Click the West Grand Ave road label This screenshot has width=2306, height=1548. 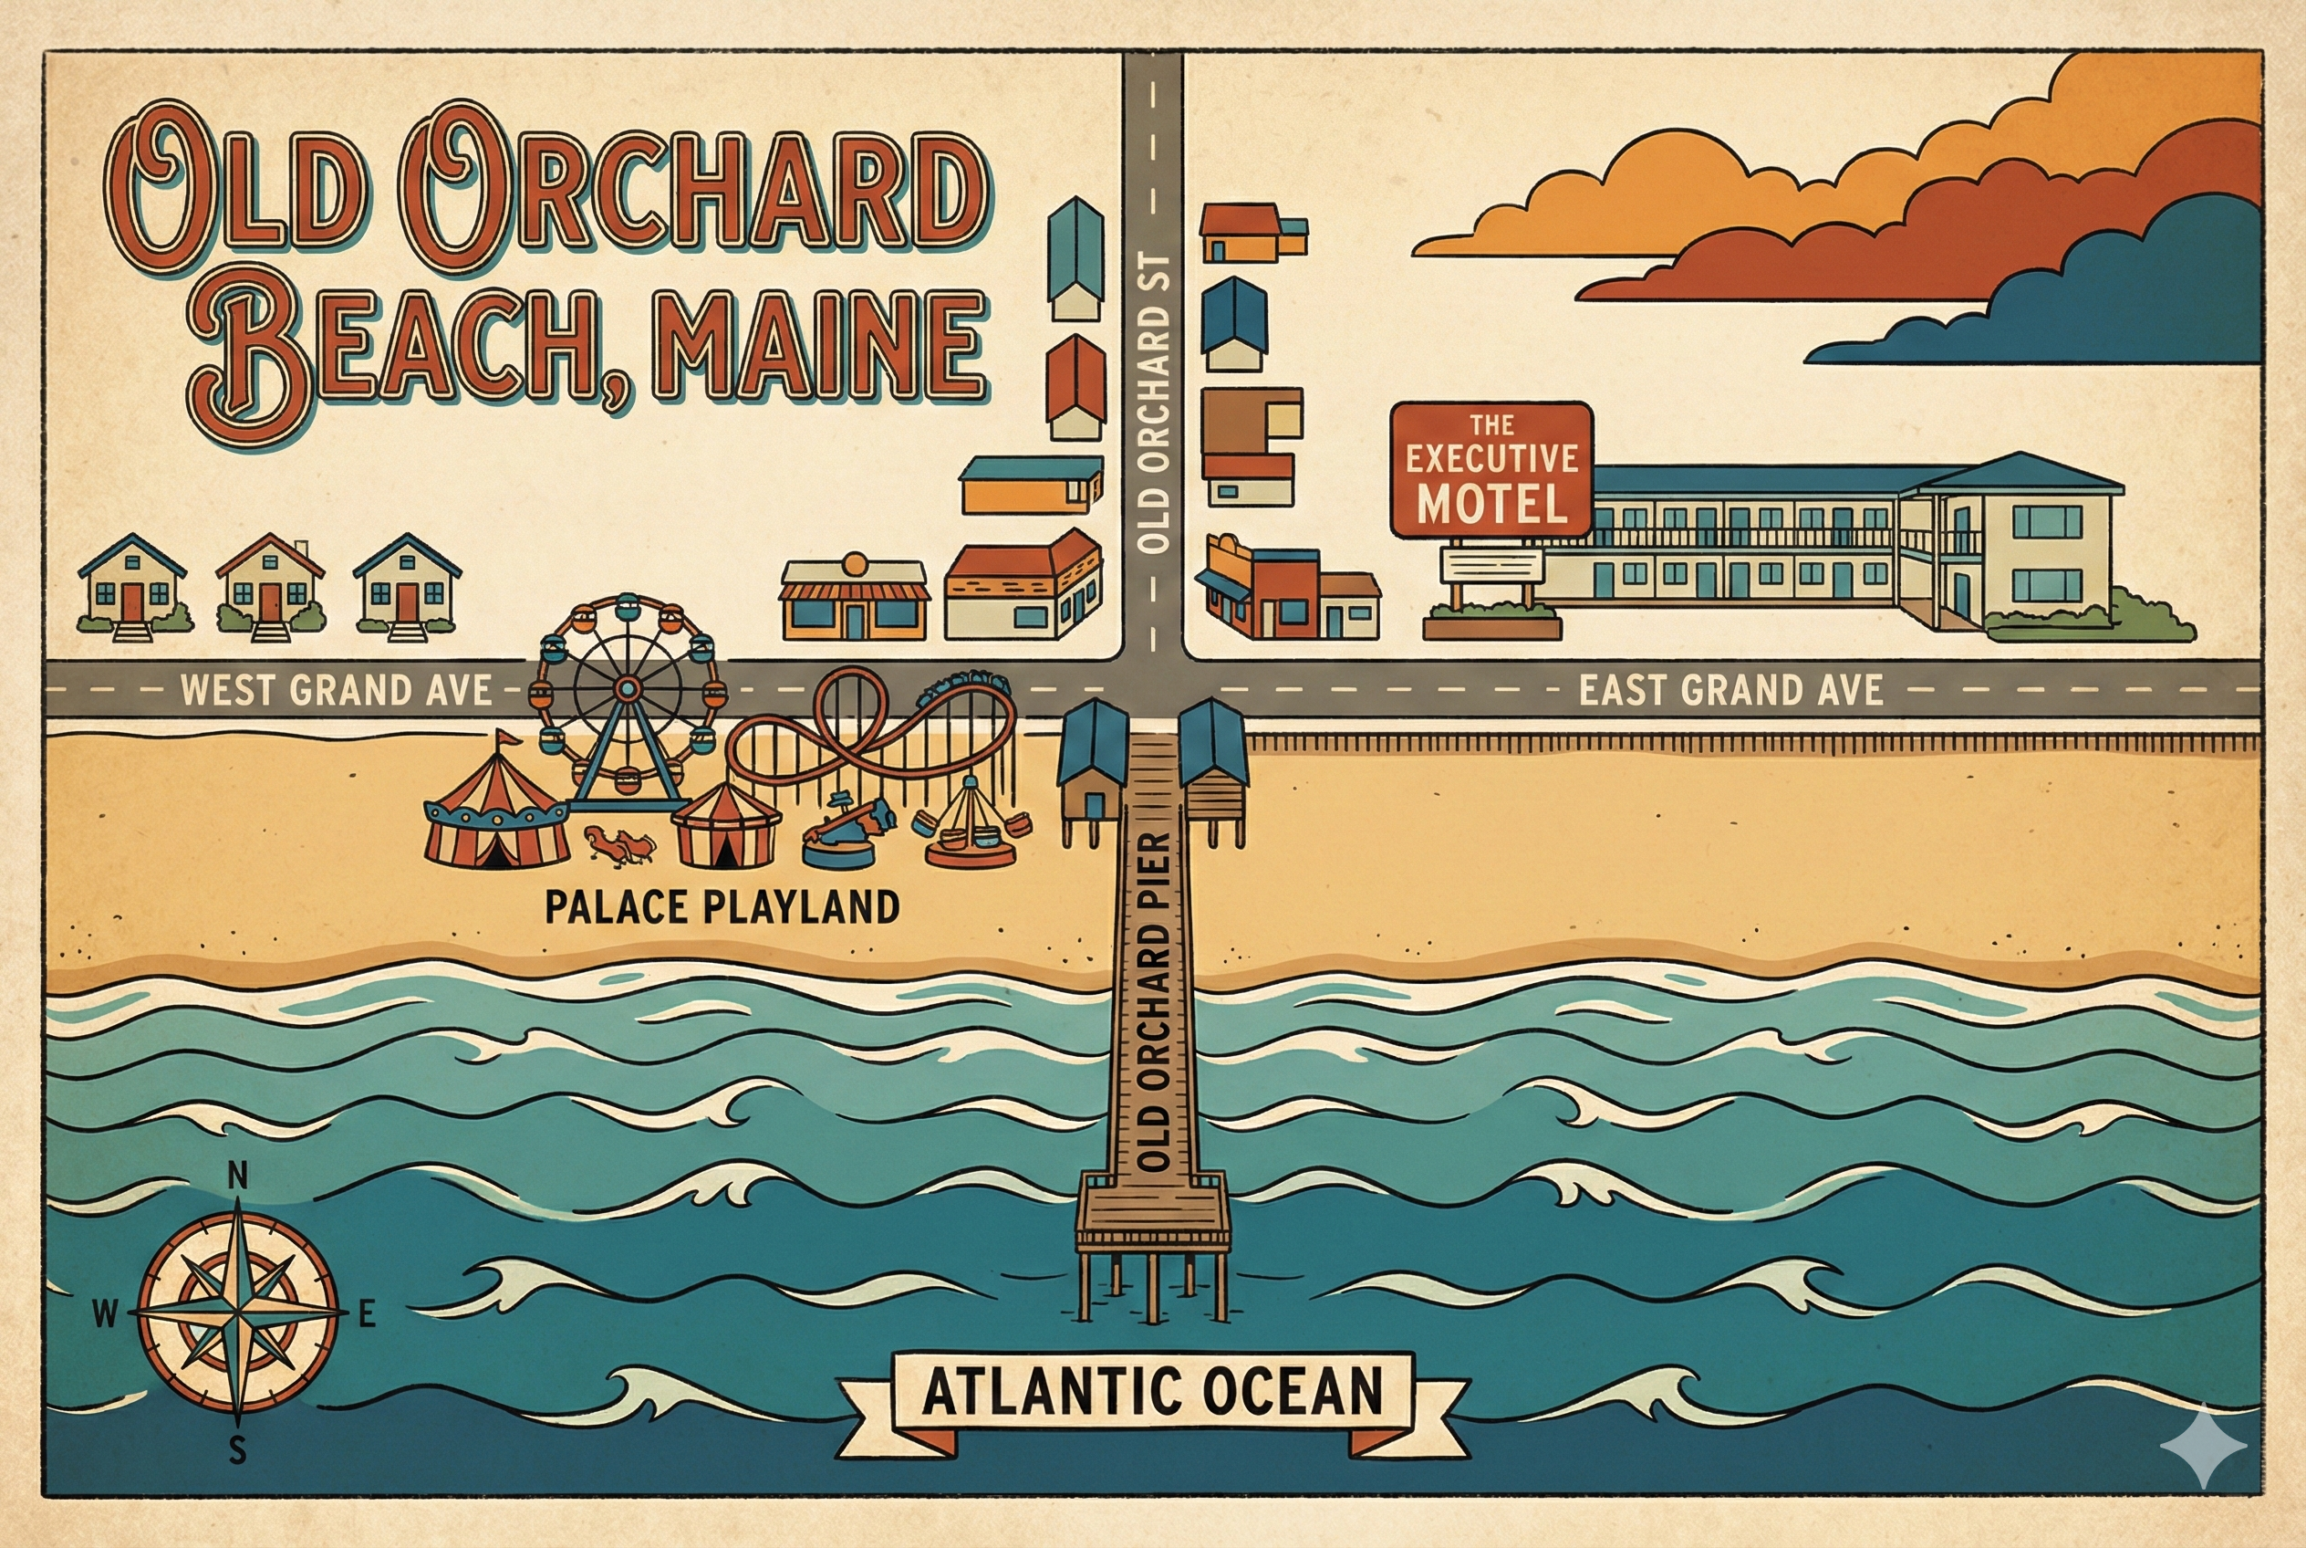(x=336, y=690)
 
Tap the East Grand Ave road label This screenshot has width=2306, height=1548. (x=1730, y=690)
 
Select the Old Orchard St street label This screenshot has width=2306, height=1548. (x=1152, y=403)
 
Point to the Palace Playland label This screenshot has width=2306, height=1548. (x=722, y=907)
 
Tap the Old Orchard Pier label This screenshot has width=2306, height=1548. (x=1152, y=1002)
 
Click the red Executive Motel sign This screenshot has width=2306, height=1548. (x=1491, y=468)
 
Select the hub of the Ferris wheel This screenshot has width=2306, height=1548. (x=627, y=687)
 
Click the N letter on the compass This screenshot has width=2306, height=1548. (x=238, y=1176)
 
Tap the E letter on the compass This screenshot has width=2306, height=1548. (x=367, y=1314)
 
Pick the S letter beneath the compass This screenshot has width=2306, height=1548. (x=237, y=1450)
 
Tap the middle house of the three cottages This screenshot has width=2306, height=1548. (x=269, y=584)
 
